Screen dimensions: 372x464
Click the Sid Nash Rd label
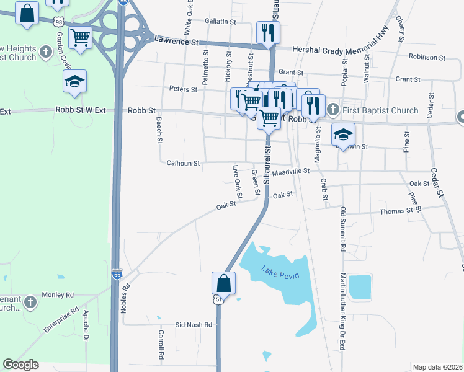pos(194,325)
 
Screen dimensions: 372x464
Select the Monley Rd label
pos(57,295)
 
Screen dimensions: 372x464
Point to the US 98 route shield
pos(58,22)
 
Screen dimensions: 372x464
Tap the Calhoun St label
pos(183,164)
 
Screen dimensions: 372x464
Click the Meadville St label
pos(290,170)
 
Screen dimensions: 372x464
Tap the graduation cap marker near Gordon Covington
pos(74,82)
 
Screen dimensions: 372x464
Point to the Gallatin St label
pos(220,21)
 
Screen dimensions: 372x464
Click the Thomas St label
pos(396,211)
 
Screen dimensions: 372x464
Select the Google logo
pos(20,365)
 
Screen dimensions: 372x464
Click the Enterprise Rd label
pos(61,320)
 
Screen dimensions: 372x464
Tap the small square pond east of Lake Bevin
pos(360,287)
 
